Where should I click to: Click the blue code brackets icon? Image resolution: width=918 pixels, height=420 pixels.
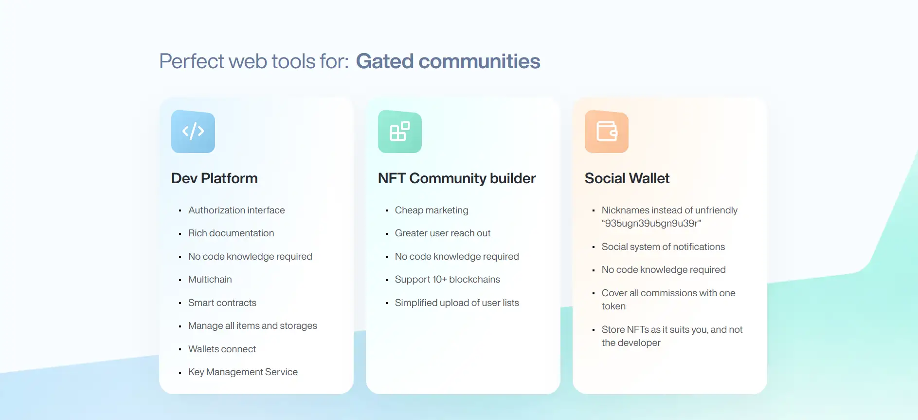(x=193, y=132)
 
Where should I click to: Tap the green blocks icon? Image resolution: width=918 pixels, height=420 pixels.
(x=400, y=132)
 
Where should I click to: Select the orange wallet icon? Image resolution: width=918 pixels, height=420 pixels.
(x=607, y=132)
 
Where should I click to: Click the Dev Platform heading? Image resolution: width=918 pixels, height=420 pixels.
(x=215, y=178)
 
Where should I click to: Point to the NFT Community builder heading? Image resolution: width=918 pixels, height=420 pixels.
(x=457, y=178)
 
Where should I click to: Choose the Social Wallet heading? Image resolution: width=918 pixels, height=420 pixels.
(x=627, y=178)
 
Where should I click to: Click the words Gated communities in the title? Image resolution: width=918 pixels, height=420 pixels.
(x=448, y=61)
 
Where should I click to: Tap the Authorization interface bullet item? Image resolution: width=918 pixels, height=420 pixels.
(x=236, y=210)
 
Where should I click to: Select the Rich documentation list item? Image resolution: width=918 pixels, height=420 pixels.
(x=231, y=233)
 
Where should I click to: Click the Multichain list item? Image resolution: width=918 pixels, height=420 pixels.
(x=210, y=279)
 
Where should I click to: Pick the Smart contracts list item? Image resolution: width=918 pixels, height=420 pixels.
(x=222, y=303)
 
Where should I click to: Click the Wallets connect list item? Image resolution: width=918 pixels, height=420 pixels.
(x=222, y=349)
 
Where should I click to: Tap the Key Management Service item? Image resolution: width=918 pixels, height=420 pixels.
(x=243, y=372)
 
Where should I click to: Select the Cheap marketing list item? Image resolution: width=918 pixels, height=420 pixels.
(x=432, y=210)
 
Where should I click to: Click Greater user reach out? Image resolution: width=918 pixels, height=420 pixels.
(x=443, y=233)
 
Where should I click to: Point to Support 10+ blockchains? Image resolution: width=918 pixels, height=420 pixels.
(x=448, y=279)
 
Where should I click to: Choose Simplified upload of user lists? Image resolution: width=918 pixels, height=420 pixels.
(x=457, y=303)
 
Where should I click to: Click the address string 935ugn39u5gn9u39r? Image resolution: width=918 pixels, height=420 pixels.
(x=651, y=223)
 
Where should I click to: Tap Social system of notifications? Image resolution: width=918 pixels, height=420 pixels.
(x=663, y=247)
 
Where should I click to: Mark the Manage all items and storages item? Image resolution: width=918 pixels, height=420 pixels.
(x=252, y=325)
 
